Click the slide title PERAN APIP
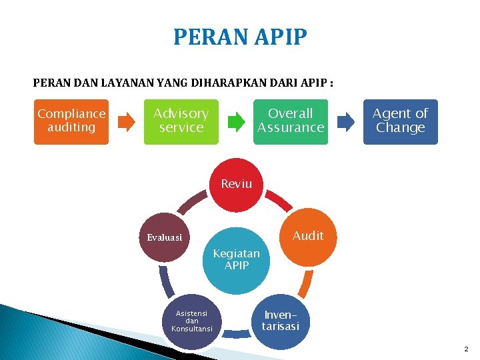[240, 37]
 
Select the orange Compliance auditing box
[71, 121]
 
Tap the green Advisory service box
[181, 121]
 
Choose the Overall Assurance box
[291, 121]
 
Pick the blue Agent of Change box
[400, 121]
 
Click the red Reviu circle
[237, 184]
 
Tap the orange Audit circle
[307, 235]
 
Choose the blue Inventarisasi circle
[281, 321]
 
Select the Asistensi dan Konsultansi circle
[191, 321]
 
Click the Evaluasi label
[164, 237]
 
